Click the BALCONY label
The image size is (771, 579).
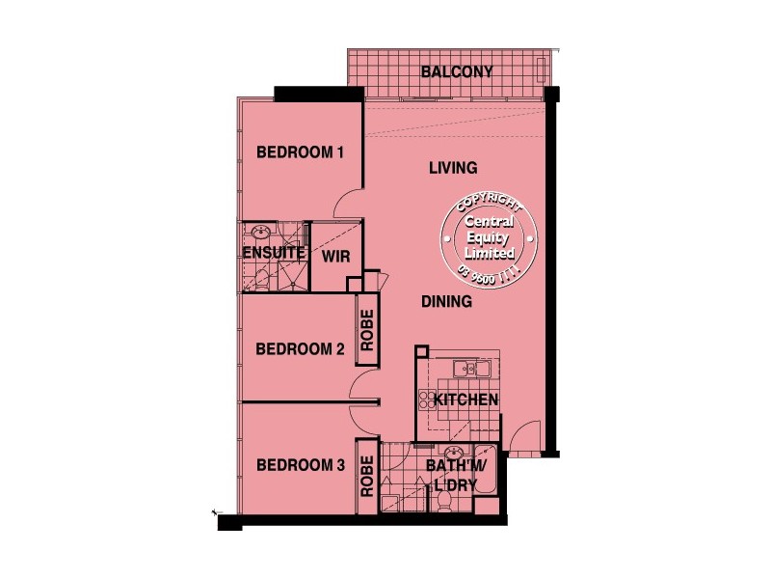tap(457, 71)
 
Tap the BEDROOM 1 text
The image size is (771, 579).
tap(300, 152)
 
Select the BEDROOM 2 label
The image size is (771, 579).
tap(300, 349)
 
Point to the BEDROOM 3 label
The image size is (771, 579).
tap(300, 465)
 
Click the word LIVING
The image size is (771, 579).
tap(453, 168)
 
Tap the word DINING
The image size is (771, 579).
tap(446, 302)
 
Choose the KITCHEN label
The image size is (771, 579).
tap(465, 400)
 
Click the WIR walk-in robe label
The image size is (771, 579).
tap(334, 256)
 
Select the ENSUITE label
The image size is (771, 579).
tap(274, 254)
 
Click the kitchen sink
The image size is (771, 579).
tap(471, 368)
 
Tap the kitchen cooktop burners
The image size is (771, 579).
tap(427, 399)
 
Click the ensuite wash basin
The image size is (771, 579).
tap(258, 233)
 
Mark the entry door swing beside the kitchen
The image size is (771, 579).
tap(525, 440)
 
